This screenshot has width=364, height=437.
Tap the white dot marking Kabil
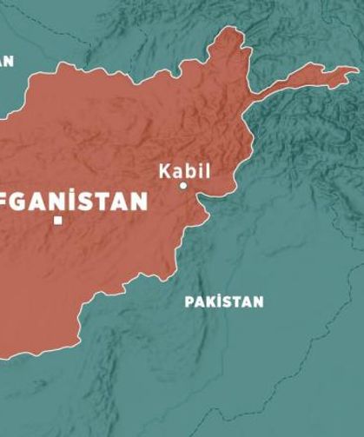point(183,185)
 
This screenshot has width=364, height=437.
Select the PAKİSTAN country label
point(223,301)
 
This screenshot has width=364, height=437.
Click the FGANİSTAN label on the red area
point(75,202)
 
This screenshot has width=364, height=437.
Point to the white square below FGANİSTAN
point(58,221)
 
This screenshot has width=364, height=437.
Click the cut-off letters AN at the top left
point(7,61)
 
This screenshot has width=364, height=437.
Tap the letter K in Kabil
point(164,170)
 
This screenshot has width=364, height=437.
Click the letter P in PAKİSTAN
point(189,301)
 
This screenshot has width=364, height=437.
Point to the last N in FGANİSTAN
point(138,202)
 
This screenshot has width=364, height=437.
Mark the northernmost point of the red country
point(233,28)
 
